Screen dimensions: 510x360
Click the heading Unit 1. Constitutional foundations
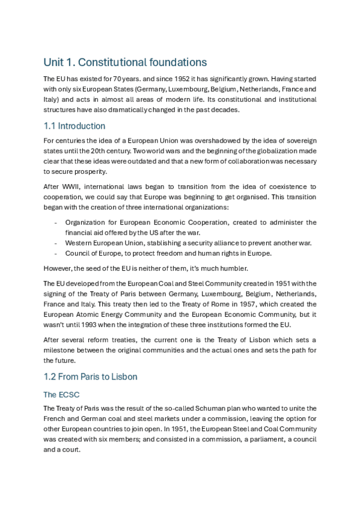125,62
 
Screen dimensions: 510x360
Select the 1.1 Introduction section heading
75,126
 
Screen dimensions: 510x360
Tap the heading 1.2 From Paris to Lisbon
91,376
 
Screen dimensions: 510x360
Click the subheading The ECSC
60,395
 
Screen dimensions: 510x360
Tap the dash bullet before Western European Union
55,242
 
